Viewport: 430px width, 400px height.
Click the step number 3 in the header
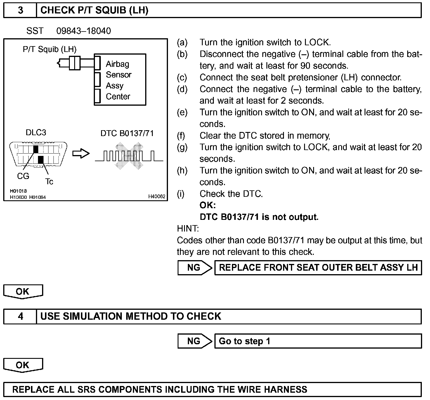pos(20,11)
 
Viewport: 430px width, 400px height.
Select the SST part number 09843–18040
pos(84,31)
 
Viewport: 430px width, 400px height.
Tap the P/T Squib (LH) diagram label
pos(50,49)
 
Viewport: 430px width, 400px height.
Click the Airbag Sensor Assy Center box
pos(120,80)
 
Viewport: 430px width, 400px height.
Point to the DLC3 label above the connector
pos(36,133)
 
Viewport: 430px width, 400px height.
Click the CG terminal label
pos(23,176)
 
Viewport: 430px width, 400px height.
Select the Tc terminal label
pos(49,182)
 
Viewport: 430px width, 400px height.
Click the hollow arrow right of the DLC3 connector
pos(81,154)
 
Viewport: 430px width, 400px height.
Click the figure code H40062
pos(157,196)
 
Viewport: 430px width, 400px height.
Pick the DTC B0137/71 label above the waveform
pos(127,133)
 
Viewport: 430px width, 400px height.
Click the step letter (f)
pos(182,135)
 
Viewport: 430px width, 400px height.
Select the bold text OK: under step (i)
pos(207,205)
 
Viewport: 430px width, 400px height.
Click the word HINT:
pos(188,228)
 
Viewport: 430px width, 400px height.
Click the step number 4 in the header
pos(20,316)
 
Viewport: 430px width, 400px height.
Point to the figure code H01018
pos(18,191)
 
